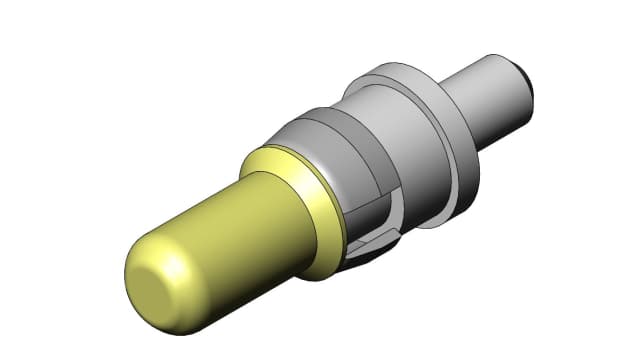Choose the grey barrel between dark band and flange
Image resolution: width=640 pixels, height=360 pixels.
pyautogui.click(x=400, y=130)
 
